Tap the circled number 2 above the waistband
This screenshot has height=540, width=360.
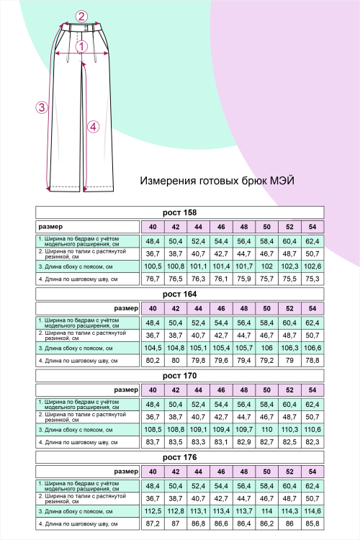[81, 16]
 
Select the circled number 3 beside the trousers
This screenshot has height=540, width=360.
[42, 107]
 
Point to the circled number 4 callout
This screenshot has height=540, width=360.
[91, 127]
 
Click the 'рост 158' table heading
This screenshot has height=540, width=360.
[180, 212]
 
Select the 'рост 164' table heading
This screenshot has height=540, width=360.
[180, 294]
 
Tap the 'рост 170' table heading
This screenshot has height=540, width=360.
[180, 375]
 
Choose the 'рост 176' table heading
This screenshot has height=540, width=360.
[180, 456]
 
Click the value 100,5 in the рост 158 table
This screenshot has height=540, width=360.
[153, 266]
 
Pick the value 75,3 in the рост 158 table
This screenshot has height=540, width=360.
[312, 279]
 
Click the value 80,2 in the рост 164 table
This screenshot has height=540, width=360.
[153, 360]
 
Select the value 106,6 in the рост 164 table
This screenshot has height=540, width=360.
[312, 348]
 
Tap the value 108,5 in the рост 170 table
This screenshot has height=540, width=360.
[153, 429]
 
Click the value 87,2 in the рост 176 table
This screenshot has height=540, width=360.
[153, 523]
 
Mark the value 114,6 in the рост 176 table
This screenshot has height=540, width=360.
[312, 510]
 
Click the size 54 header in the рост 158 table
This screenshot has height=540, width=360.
[312, 227]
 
